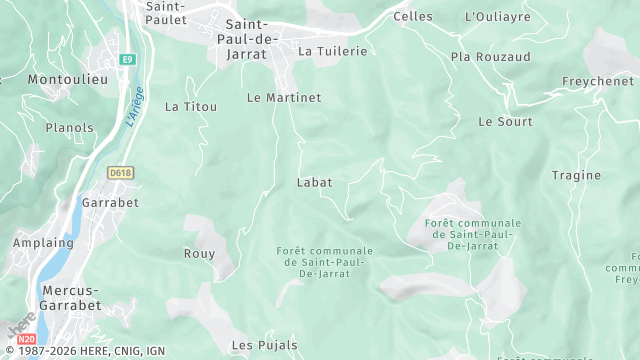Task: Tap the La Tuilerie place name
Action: click(333, 51)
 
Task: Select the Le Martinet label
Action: click(284, 98)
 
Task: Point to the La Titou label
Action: click(190, 107)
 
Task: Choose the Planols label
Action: click(70, 128)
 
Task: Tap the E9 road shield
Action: click(127, 60)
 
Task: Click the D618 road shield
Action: click(120, 173)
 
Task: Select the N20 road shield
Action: click(27, 341)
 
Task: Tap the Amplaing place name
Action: click(43, 243)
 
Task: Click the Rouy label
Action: click(199, 254)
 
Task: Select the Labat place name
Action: click(314, 183)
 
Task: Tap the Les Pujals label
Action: click(264, 345)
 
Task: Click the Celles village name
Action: click(413, 17)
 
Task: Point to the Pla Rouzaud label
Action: click(490, 57)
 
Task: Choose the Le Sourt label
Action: click(505, 122)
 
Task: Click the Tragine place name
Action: click(577, 176)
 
